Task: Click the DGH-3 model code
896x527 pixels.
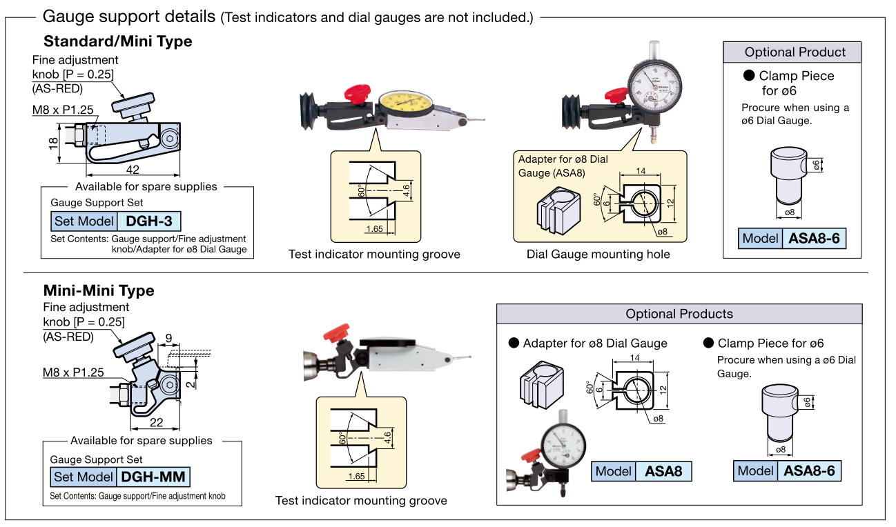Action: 149,221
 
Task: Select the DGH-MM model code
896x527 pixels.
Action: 154,477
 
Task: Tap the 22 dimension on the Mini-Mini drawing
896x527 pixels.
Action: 156,423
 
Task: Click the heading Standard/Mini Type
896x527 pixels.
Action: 117,41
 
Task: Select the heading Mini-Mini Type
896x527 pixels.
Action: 99,290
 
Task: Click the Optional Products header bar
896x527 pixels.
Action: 679,314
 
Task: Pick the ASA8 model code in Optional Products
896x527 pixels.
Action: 663,471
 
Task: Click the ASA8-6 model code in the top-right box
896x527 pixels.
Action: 815,239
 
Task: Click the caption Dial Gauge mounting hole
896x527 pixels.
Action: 598,255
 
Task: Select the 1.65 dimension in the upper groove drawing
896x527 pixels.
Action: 375,228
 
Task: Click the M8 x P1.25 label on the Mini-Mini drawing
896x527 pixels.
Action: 73,372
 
